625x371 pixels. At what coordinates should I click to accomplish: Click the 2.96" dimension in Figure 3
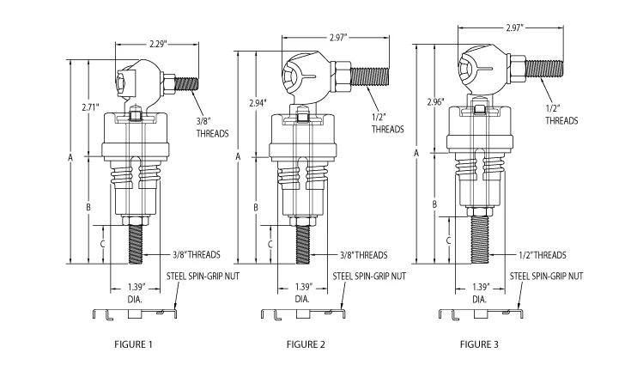point(435,102)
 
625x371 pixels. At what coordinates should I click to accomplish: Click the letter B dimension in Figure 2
point(257,208)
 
